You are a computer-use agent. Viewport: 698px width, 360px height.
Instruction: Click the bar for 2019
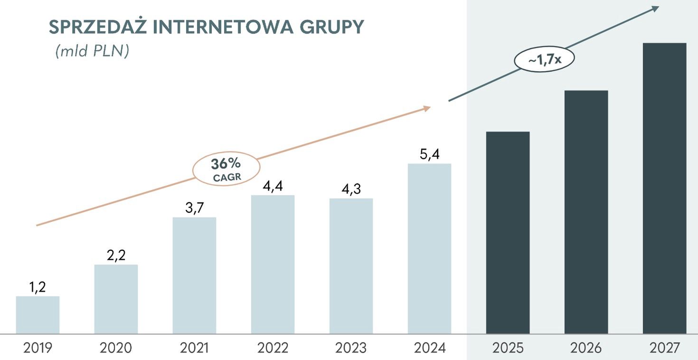click(38, 314)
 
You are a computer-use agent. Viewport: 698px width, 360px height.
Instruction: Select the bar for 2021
click(194, 275)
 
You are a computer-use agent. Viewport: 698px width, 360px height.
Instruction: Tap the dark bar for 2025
click(508, 233)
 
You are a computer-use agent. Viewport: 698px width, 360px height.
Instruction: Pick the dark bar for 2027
click(664, 188)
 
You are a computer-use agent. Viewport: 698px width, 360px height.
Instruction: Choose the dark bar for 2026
click(586, 212)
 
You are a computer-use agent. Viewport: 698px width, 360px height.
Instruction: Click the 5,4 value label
click(429, 154)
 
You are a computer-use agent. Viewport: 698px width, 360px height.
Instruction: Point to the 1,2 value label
click(38, 287)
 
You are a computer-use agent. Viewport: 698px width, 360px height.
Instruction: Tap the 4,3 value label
click(351, 189)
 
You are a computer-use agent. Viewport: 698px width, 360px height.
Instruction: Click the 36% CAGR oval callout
click(226, 169)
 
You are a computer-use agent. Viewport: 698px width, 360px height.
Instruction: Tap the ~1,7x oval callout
click(545, 60)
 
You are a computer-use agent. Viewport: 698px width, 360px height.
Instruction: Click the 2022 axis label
click(273, 348)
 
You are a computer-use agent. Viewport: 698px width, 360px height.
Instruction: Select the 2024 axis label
click(429, 348)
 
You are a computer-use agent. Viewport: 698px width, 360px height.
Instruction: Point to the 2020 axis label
click(116, 348)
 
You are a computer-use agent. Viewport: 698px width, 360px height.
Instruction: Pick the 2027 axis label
click(664, 348)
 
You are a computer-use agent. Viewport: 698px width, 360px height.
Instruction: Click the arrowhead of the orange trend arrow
click(426, 109)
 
